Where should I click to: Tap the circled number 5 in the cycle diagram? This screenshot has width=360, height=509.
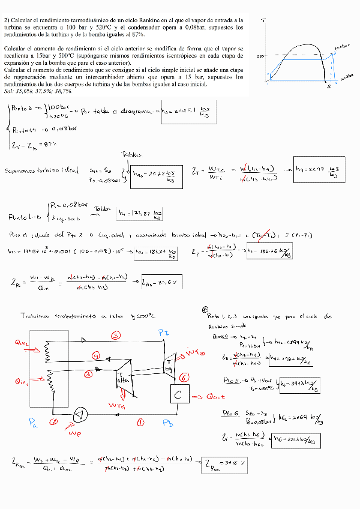[x=116, y=334]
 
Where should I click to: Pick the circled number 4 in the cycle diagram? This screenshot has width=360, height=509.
[x=95, y=356]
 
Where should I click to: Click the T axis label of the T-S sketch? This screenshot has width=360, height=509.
[x=265, y=21]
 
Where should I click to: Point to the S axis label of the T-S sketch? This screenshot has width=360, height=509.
[x=329, y=87]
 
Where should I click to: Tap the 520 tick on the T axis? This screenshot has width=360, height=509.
[x=260, y=56]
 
